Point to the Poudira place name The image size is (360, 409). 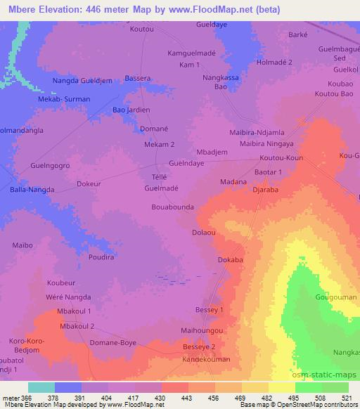pyautogui.click(x=101, y=258)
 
